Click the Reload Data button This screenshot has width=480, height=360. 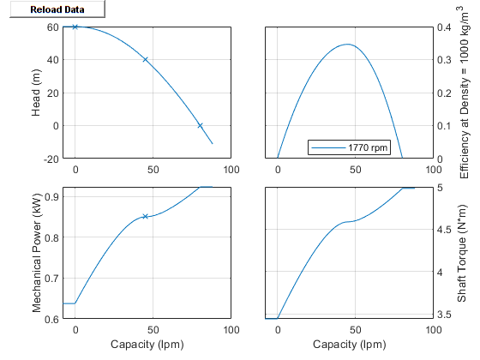53,9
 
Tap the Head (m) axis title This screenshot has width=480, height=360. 36,93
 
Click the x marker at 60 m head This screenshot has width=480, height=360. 75,27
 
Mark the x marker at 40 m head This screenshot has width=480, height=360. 146,60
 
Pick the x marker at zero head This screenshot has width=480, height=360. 200,125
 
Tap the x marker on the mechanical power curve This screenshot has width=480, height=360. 146,216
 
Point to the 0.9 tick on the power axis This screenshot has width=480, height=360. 54,196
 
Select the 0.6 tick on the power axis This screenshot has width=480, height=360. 54,319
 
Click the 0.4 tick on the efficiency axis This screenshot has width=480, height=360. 440,27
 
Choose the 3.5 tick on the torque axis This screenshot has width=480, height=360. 441,315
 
